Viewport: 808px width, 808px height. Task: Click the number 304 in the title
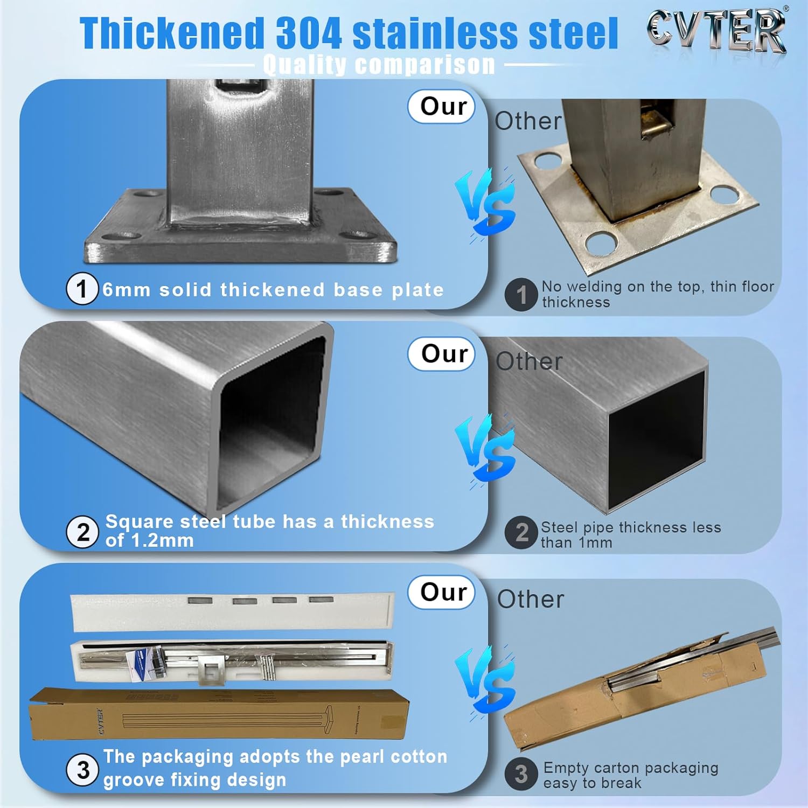tap(309, 33)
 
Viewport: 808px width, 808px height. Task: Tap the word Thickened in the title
tap(172, 33)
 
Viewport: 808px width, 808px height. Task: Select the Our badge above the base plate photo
tap(442, 106)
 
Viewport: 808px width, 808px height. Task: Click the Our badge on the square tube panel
tap(442, 354)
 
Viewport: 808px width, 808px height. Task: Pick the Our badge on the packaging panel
tap(442, 592)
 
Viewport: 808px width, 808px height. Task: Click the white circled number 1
tap(82, 289)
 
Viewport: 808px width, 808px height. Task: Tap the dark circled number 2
tap(521, 533)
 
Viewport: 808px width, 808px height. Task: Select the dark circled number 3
tap(521, 774)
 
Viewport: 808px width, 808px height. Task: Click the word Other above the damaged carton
tap(531, 599)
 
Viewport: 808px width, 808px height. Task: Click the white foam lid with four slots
tap(233, 611)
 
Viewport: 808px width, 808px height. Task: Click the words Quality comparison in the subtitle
tap(379, 65)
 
